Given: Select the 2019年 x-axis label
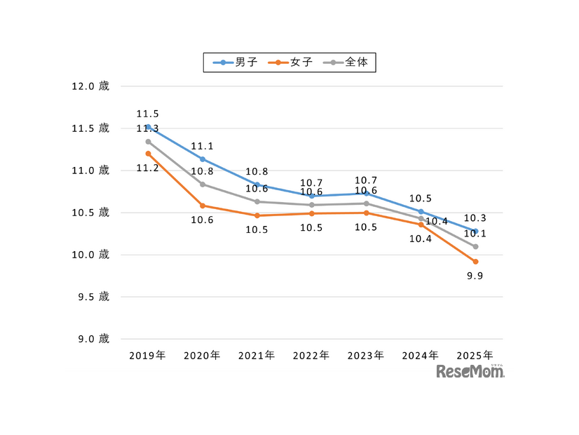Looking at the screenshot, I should click(x=148, y=356).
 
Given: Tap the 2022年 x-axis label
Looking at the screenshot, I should click(x=311, y=356).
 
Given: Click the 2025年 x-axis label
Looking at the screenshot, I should click(x=475, y=356).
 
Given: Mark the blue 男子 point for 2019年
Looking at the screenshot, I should click(x=148, y=127).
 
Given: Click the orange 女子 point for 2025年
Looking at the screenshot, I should click(x=475, y=262).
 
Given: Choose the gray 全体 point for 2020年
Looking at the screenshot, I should click(x=203, y=185).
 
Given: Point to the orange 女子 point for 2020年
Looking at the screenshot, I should click(x=203, y=206).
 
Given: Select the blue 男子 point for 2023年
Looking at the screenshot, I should click(x=366, y=193).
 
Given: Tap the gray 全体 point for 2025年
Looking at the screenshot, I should click(x=475, y=246).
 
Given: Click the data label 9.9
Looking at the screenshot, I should click(x=475, y=276).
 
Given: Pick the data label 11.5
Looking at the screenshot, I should click(x=148, y=114).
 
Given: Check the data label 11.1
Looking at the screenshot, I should click(x=203, y=147).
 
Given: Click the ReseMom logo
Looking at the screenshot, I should click(x=470, y=371).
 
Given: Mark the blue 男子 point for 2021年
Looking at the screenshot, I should click(x=257, y=185).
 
